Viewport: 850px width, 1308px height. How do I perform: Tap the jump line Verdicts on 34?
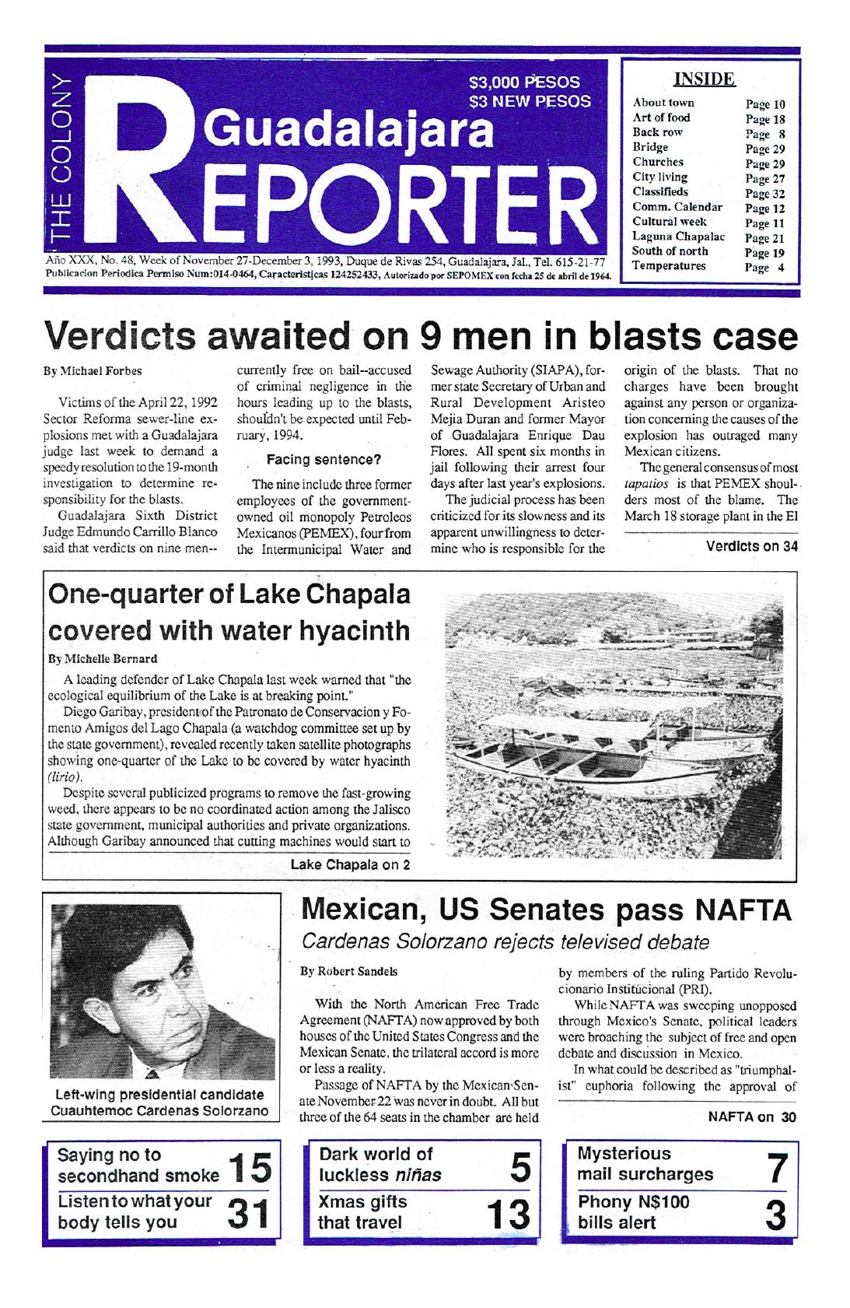[x=751, y=545]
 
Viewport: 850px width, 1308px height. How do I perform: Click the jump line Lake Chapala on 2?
[x=350, y=864]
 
